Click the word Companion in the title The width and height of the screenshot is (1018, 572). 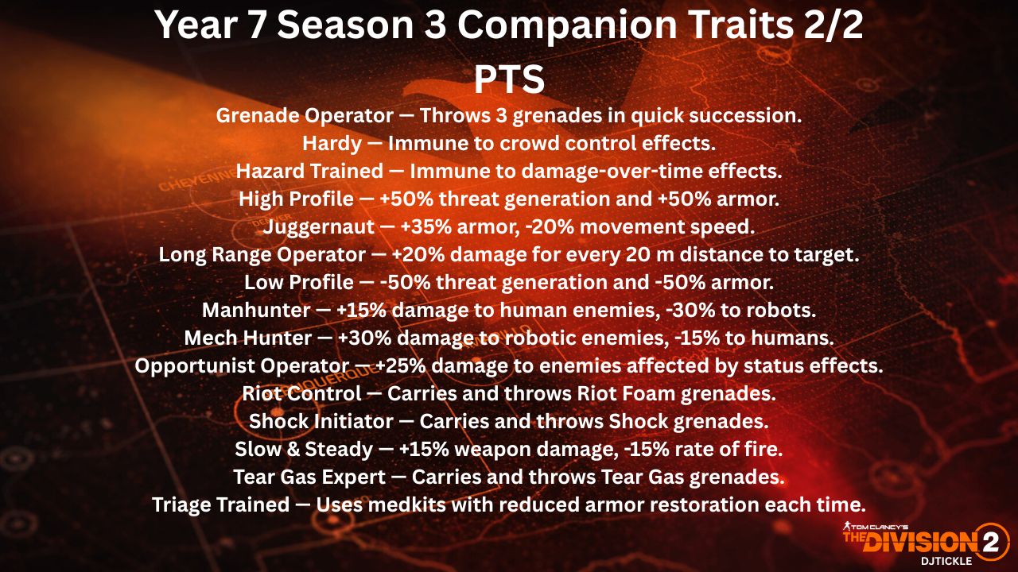[567, 25]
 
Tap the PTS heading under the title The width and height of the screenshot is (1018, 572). [509, 79]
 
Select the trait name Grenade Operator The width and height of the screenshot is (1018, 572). [305, 116]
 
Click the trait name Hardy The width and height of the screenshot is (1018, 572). [332, 144]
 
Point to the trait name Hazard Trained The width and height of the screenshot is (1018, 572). [309, 172]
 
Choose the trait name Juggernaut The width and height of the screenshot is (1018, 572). [319, 227]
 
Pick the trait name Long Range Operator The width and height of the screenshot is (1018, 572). [262, 255]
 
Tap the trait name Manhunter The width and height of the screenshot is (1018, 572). [256, 311]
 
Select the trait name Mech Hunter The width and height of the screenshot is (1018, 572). [248, 338]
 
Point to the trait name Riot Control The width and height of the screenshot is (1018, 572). [301, 393]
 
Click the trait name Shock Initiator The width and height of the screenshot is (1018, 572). [321, 422]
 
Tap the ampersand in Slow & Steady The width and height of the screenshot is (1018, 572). [293, 450]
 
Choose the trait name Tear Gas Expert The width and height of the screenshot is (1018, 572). [309, 477]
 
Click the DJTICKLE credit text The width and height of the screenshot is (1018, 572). [946, 561]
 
